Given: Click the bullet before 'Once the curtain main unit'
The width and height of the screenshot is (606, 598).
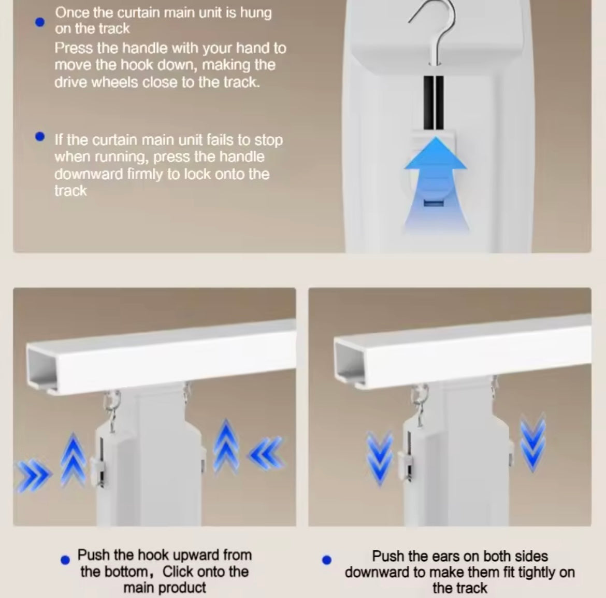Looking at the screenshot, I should click(39, 22).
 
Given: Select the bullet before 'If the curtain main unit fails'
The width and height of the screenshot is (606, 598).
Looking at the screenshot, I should click(39, 137).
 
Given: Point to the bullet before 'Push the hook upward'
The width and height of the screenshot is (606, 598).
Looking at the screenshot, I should click(65, 560).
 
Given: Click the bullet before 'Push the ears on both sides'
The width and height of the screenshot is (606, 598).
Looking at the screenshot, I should click(326, 560).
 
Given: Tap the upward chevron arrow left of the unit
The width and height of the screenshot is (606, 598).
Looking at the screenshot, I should click(74, 460).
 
